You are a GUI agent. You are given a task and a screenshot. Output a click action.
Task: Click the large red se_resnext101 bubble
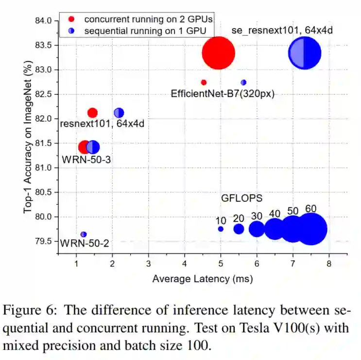(x=218, y=53)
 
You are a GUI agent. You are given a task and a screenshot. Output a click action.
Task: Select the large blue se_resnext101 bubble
(x=304, y=53)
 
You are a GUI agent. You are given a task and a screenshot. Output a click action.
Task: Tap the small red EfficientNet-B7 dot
(x=204, y=82)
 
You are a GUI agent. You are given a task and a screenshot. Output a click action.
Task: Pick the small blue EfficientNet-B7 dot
(x=243, y=82)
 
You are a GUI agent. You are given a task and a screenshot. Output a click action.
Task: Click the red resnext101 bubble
(x=92, y=113)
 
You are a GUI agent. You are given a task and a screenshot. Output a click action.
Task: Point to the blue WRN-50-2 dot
(x=84, y=234)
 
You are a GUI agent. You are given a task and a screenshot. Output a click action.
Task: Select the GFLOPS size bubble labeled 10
(x=221, y=229)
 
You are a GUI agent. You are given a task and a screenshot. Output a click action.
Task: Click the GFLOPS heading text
(x=241, y=198)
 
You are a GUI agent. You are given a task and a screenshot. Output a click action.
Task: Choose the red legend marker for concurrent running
(x=71, y=19)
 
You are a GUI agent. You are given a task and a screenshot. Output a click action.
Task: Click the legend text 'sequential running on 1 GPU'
(x=145, y=30)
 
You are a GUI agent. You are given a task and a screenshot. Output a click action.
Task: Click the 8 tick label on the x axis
(x=329, y=264)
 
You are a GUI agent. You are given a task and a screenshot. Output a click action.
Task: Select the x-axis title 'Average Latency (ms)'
(x=203, y=279)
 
